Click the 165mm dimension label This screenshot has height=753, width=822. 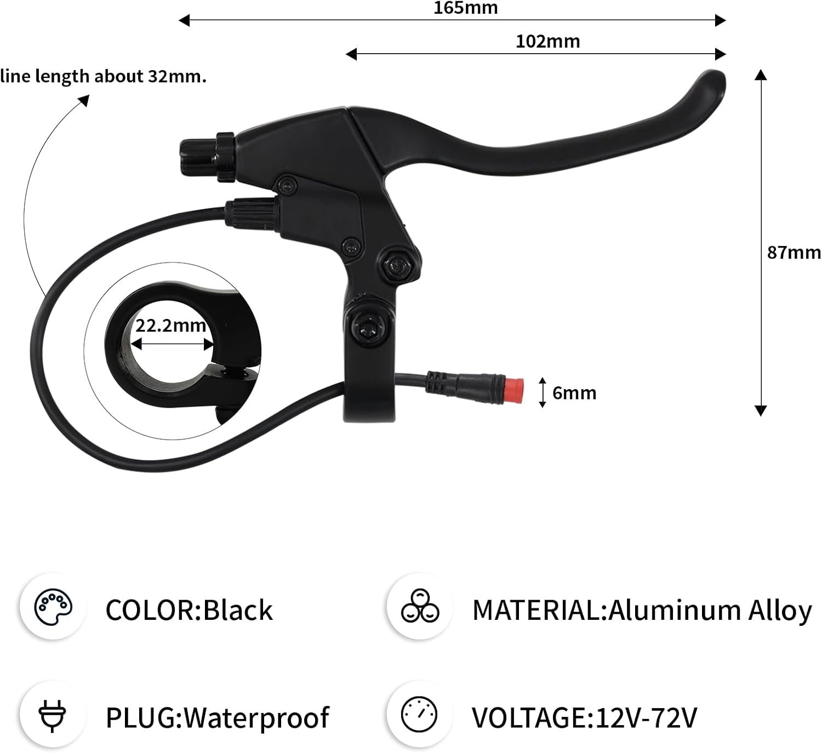pos(465,8)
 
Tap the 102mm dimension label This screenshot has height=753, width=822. pos(547,42)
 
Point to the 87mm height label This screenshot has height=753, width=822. pos(794,253)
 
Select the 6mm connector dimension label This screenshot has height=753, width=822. pos(574,393)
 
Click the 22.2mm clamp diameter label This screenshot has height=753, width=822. pos(170,326)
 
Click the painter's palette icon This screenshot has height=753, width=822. pos(53,607)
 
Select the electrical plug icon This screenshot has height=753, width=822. pos(52,716)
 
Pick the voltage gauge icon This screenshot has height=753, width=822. pos(419,715)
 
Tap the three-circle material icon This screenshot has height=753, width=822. pos(420,606)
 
